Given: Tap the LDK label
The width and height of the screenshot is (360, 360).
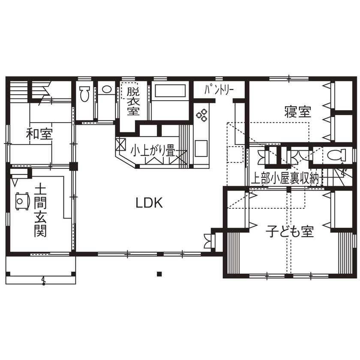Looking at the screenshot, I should pos(149,203).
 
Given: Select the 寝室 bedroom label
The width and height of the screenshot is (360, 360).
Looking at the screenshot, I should pos(297,112).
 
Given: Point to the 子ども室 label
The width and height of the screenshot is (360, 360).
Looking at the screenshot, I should pos(290,232).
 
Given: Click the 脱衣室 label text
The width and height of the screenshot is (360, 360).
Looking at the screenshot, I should pos(133,100).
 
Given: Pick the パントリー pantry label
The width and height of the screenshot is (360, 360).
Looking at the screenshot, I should pos(219,90).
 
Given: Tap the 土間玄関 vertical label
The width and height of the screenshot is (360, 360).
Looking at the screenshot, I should pos(40,211).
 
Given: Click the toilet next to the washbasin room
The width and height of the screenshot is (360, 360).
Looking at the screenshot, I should pos(84,94).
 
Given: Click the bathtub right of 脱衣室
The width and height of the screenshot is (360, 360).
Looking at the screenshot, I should pos(170,92).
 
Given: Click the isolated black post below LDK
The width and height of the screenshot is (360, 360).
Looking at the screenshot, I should pos(159,274).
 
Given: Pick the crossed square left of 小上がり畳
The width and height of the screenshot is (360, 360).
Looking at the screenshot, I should pos(121,143).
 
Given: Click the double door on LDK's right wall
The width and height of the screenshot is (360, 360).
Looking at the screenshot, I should pos(208,241).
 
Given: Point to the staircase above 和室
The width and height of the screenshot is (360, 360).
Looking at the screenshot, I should pos(19,91).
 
